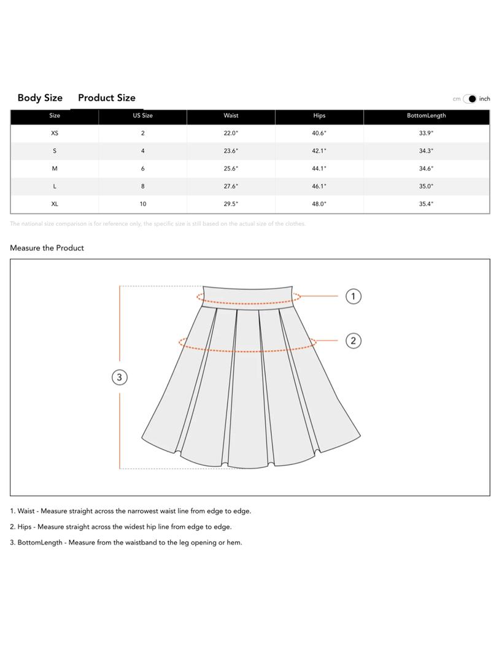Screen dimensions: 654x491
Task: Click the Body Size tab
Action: coord(40,98)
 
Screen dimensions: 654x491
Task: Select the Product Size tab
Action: coord(107,98)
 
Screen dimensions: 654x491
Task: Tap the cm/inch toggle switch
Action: coord(470,99)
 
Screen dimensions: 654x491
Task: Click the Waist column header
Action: coord(231,115)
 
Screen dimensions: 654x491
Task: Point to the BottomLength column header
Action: coord(426,115)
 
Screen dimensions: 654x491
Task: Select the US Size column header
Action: coord(142,115)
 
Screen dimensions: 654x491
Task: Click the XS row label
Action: coord(55,133)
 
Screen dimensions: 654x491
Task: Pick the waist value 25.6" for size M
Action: coord(231,169)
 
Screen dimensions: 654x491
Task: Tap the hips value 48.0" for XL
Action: coord(319,204)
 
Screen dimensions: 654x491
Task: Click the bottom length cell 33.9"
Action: coord(426,133)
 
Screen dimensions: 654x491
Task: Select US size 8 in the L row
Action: coord(142,187)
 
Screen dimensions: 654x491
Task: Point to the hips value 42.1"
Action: coord(319,151)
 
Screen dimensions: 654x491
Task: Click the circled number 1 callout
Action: coord(353,296)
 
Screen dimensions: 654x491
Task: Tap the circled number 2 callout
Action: coord(353,340)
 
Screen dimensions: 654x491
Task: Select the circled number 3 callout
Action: coord(120,377)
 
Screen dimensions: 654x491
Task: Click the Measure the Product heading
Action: coord(47,248)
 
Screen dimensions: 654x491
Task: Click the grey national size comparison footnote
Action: coord(158,224)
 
